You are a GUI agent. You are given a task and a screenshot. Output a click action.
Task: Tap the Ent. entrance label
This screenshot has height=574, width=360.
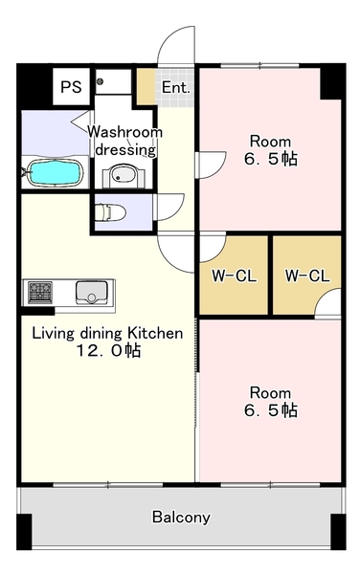click(x=175, y=87)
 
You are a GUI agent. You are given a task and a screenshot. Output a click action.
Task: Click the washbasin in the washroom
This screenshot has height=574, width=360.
click(x=122, y=175)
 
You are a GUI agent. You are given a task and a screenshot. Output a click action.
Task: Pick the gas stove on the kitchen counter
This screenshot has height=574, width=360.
click(x=39, y=291)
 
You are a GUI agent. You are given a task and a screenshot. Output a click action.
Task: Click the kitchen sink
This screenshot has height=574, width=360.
click(x=93, y=291)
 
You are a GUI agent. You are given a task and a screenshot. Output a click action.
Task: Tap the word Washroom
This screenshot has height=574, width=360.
click(x=125, y=132)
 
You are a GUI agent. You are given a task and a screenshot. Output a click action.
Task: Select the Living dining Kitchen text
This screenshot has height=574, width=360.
click(x=107, y=334)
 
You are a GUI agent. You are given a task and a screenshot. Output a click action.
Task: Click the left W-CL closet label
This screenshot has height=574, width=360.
click(x=233, y=276)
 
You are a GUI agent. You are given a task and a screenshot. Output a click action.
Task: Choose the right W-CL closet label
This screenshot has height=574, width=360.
click(x=307, y=276)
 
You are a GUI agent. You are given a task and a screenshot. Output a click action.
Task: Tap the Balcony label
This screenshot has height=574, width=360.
click(x=181, y=518)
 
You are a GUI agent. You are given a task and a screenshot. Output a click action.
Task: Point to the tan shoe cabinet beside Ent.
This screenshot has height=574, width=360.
click(x=145, y=87)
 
